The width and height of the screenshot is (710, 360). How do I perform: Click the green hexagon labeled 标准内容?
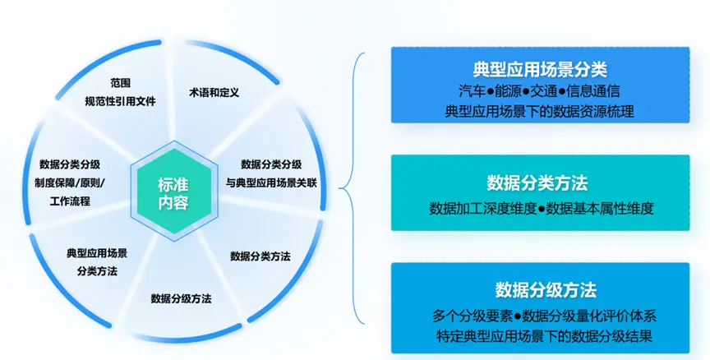click(x=174, y=193)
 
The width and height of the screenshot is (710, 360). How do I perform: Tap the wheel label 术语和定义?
click(x=214, y=93)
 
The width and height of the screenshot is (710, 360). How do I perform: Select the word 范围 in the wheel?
click(x=121, y=83)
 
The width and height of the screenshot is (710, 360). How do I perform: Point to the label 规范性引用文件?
click(x=121, y=101)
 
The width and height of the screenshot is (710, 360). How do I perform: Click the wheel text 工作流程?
click(x=70, y=201)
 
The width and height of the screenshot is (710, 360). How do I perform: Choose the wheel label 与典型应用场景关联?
click(x=271, y=183)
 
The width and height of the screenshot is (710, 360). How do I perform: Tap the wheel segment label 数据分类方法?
click(x=260, y=256)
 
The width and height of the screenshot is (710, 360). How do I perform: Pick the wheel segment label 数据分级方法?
click(x=181, y=298)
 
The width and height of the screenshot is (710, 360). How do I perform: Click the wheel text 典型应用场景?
click(x=97, y=253)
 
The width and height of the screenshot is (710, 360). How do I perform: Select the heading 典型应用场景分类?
click(x=540, y=69)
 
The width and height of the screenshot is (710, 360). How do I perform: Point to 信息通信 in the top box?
click(x=593, y=91)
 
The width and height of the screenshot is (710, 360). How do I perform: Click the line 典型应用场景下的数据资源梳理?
click(x=540, y=111)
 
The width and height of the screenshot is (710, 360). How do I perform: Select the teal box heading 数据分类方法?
click(x=537, y=183)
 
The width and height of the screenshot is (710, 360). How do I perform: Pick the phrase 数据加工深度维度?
click(x=483, y=208)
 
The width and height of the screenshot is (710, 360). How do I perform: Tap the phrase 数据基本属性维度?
click(x=600, y=208)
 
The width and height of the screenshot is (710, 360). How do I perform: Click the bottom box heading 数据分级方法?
click(x=546, y=290)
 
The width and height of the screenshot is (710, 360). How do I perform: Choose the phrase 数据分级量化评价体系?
click(x=589, y=316)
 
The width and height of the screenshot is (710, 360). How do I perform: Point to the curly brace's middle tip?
click(x=339, y=188)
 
